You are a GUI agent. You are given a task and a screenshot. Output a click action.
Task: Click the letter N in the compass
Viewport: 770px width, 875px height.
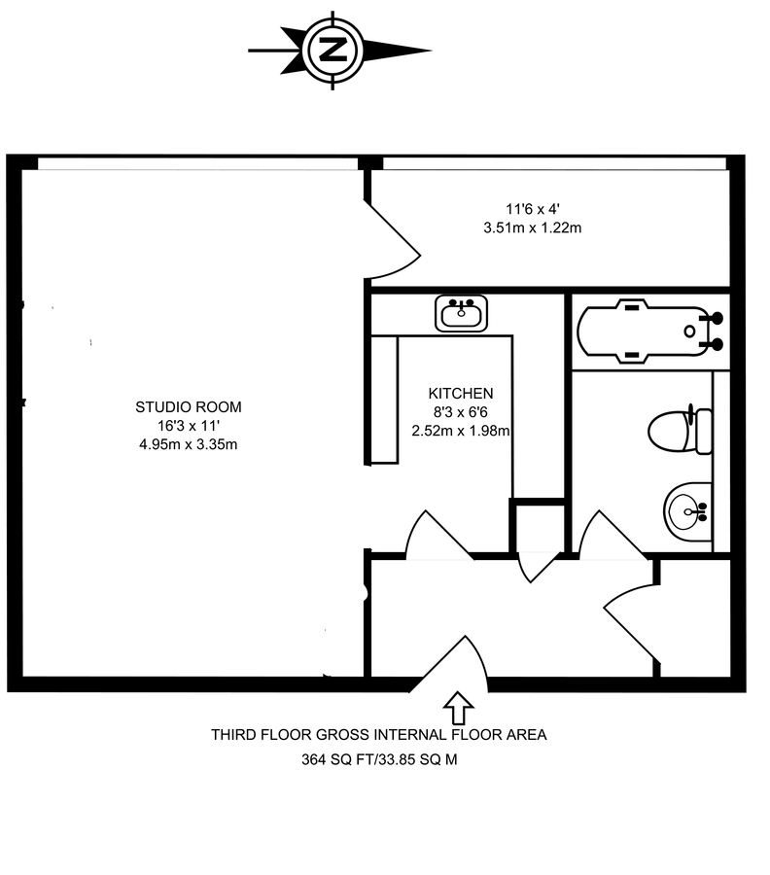pos(332,50)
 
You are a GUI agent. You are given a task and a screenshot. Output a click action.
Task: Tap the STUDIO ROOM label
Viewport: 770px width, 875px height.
pos(188,406)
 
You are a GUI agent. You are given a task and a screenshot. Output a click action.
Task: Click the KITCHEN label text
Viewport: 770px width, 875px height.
pos(461,394)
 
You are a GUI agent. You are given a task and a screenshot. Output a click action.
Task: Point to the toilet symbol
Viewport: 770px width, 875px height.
pos(681,430)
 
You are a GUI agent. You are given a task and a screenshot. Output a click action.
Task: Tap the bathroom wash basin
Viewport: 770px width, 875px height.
pos(688,508)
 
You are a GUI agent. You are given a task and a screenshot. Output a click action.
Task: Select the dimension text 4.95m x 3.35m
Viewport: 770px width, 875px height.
pos(188,445)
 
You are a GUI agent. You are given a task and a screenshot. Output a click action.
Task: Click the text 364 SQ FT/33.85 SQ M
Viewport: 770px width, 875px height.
pos(379,760)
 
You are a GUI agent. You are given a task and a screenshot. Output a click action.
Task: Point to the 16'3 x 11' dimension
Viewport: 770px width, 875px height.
pos(188,426)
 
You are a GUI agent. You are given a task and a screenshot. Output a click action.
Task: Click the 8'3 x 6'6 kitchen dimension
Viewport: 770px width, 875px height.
pos(461,413)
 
